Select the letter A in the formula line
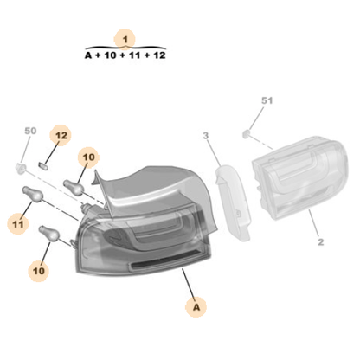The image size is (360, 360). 87,55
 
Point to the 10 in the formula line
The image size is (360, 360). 110,55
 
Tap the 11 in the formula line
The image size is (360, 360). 134,55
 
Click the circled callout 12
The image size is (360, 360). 60,136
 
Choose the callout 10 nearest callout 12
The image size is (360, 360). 88,157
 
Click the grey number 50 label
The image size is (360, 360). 30,132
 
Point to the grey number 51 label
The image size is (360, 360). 267,101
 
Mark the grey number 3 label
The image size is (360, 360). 206,136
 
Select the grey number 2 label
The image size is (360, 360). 319,242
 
